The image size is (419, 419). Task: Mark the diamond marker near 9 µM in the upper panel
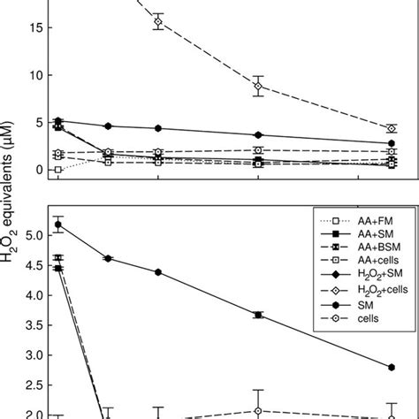click(x=258, y=87)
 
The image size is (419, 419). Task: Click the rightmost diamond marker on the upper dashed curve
click(x=392, y=128)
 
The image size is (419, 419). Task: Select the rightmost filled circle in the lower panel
click(x=392, y=367)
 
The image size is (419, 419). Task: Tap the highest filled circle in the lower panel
click(x=58, y=225)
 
